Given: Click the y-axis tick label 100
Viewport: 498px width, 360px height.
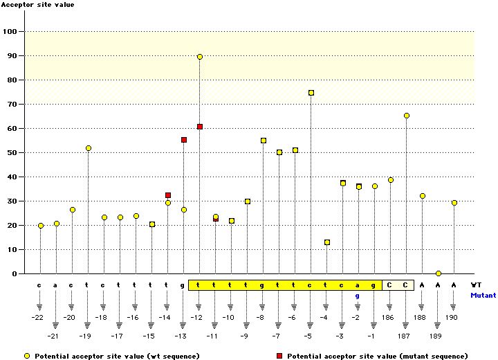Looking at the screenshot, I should tap(10, 32).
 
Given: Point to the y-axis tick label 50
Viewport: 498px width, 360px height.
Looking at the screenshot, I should tap(12, 153).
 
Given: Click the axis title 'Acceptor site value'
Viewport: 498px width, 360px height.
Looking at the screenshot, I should tap(38, 5).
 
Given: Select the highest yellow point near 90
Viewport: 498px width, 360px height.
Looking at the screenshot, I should tap(200, 57).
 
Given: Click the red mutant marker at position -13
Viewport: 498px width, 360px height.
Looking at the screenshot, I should tap(184, 140).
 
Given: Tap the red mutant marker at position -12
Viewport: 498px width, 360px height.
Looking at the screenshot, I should tap(200, 127).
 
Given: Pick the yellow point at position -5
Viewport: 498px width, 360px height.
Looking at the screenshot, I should tap(311, 93).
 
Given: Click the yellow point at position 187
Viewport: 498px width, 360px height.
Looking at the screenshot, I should tap(407, 116).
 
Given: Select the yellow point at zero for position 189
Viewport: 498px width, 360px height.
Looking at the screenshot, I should tap(439, 273).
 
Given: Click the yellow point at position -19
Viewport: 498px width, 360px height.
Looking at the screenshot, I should tap(89, 148).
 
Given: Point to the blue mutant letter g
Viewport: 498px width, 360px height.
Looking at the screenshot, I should tap(358, 296).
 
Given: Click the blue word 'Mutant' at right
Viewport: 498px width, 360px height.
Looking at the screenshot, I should tap(483, 295).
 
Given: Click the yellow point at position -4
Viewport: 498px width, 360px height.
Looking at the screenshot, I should tap(327, 242).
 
